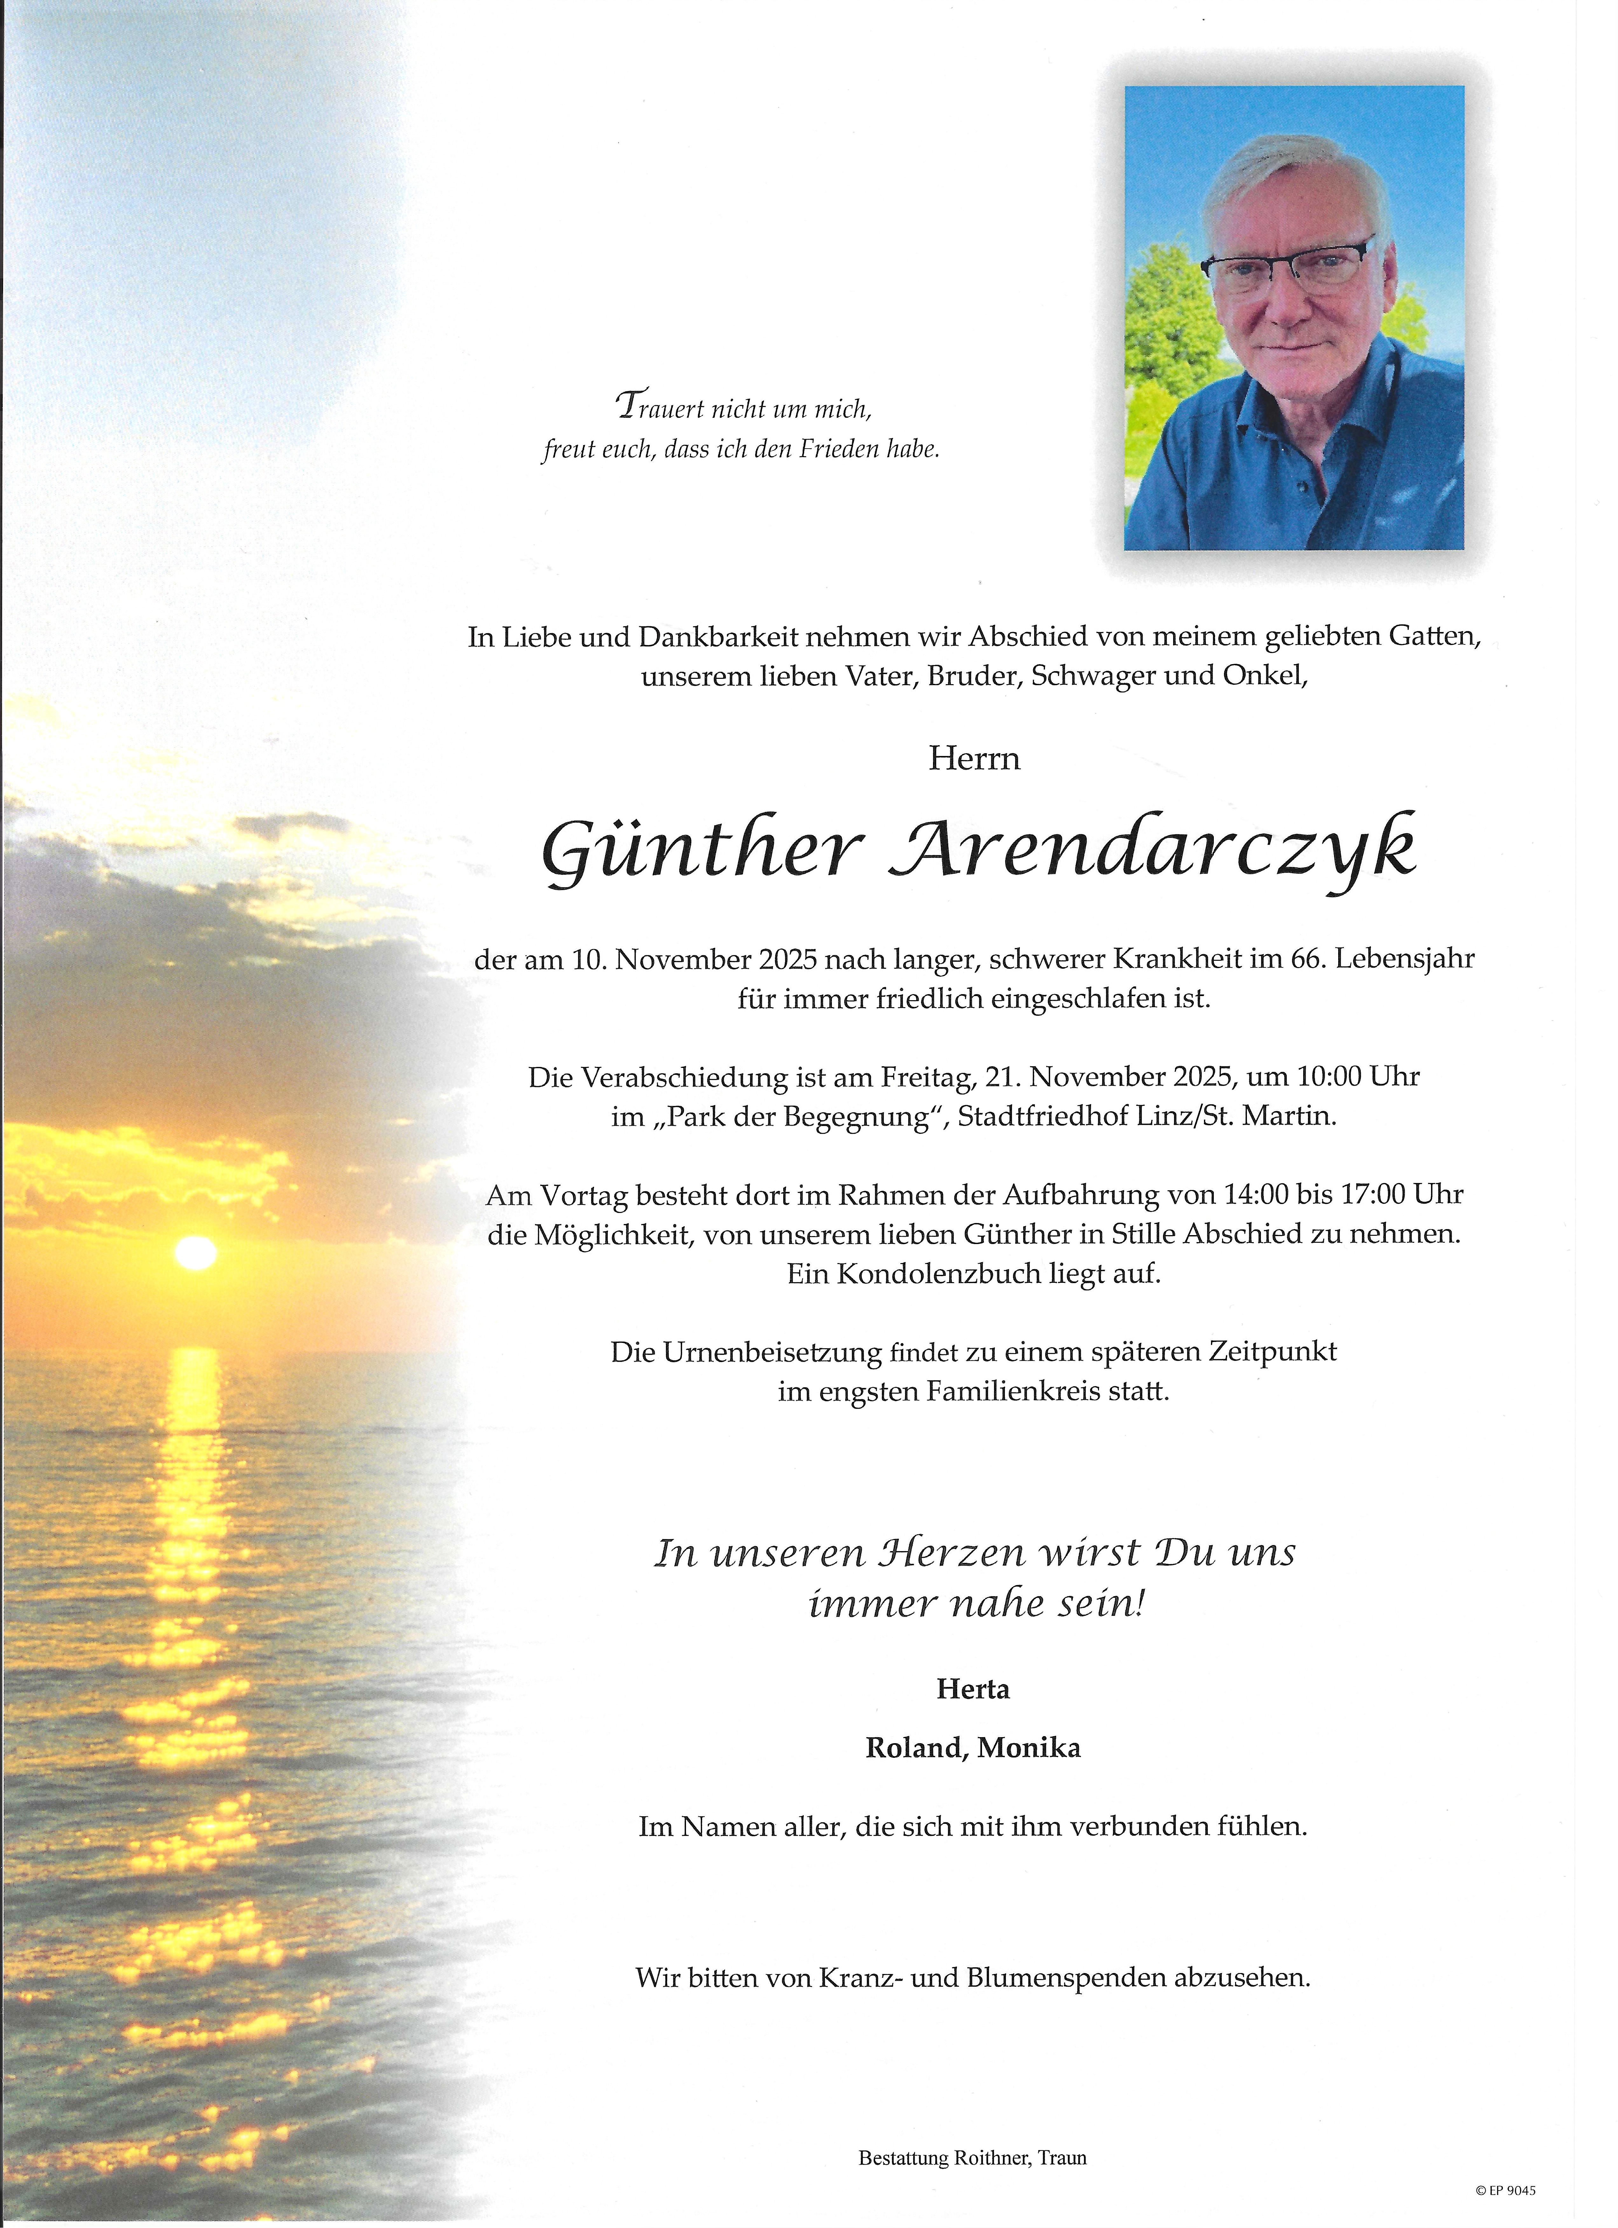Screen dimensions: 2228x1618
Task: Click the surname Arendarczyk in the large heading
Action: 1151,850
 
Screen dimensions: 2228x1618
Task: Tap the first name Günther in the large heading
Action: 702,850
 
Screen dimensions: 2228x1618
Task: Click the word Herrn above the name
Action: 973,758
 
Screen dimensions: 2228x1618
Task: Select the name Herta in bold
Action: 972,1689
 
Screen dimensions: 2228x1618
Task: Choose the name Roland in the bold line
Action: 914,1748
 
